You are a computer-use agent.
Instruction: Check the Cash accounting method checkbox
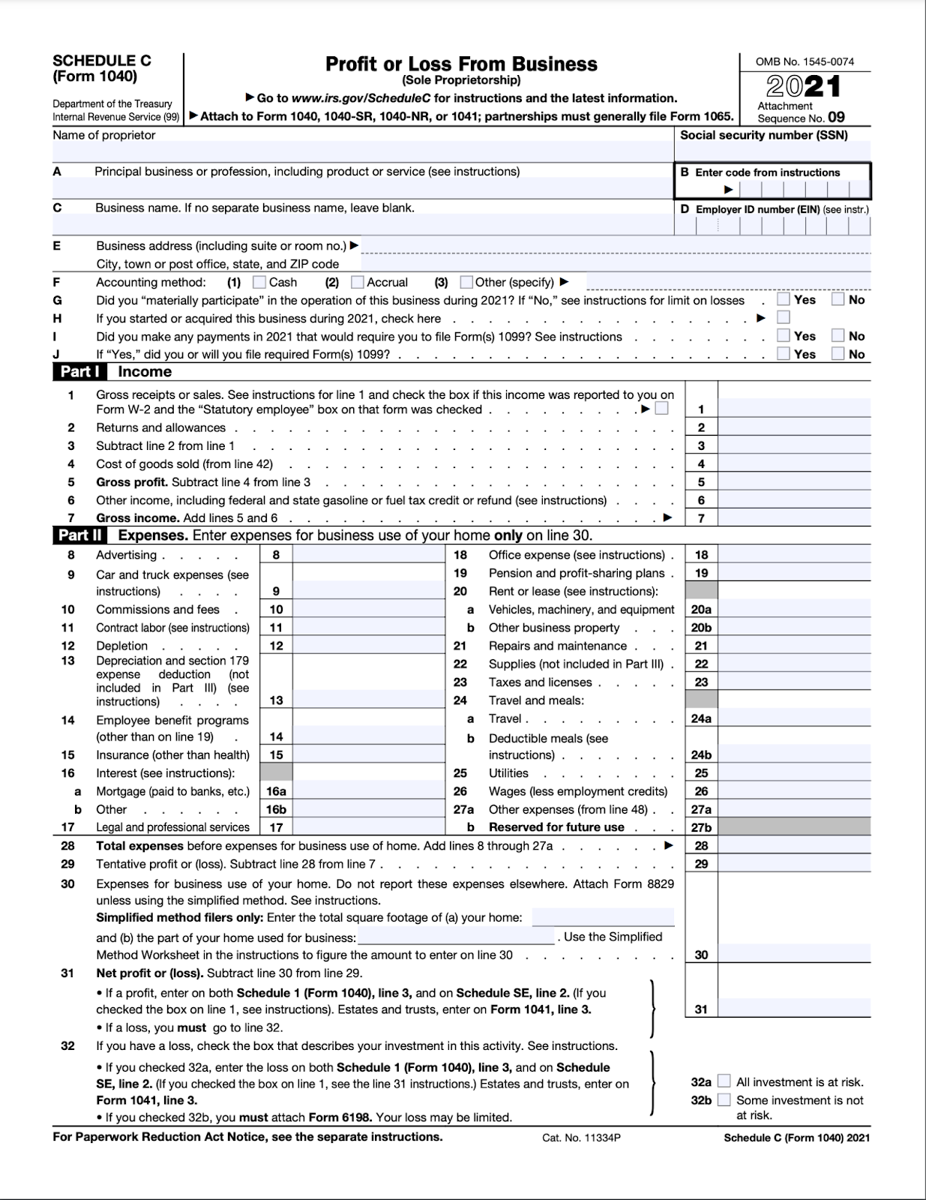(x=259, y=282)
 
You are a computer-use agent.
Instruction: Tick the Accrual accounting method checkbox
(x=358, y=282)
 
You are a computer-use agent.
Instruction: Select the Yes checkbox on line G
(x=784, y=299)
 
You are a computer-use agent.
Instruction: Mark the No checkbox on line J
(x=838, y=353)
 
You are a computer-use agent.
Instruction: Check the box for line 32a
(x=724, y=1081)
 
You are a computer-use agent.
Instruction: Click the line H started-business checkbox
(x=784, y=317)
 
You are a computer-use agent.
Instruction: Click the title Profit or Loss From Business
(x=461, y=64)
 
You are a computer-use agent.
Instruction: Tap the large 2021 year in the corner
(x=804, y=87)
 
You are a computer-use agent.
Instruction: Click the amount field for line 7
(x=794, y=517)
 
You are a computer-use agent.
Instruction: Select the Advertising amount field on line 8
(x=369, y=555)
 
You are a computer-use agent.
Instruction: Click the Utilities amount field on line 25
(x=794, y=773)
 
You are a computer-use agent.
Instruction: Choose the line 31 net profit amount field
(x=794, y=1009)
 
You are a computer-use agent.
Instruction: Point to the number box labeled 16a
(x=276, y=791)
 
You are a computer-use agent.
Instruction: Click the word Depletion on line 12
(x=121, y=646)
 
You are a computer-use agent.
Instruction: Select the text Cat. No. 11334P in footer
(x=581, y=1138)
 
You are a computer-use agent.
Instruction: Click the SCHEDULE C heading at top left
(x=102, y=61)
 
